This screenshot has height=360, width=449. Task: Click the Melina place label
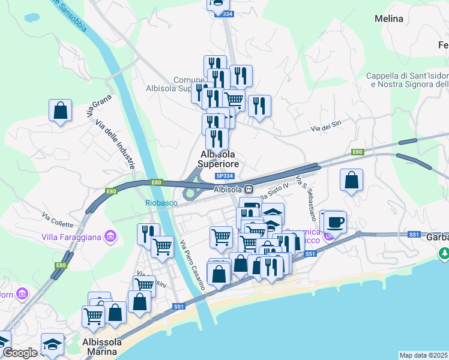tap(389, 19)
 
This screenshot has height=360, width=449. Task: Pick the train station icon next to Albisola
tap(248, 189)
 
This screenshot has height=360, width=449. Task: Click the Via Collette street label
tap(58, 220)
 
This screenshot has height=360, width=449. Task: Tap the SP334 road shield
tap(224, 176)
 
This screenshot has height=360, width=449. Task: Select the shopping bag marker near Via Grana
tap(60, 110)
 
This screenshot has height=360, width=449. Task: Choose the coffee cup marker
tap(336, 222)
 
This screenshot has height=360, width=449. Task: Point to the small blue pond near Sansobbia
tap(31, 17)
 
